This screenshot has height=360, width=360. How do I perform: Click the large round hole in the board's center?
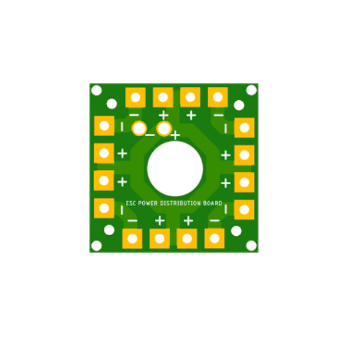175,169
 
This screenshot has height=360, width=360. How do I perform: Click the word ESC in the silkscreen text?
131,203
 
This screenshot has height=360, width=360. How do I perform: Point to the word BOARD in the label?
212,203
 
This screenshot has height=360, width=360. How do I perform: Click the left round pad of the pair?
139,128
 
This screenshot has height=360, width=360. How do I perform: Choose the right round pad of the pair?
163,128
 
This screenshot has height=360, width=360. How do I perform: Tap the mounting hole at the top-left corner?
96,90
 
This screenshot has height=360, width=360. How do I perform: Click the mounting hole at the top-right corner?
251,90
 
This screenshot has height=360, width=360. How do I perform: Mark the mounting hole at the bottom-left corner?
96,245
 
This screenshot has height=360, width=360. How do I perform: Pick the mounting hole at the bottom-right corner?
251,245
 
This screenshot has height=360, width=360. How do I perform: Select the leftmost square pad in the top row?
135,97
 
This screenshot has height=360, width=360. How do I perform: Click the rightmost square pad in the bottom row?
214,238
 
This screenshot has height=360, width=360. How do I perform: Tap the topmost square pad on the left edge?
104,126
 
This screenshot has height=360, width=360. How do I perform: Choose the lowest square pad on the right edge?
244,210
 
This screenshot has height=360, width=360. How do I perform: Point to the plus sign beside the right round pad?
175,136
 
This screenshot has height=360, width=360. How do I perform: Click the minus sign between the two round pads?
150,135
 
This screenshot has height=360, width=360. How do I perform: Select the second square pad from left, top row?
163,97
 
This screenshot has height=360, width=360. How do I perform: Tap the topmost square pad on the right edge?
244,127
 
